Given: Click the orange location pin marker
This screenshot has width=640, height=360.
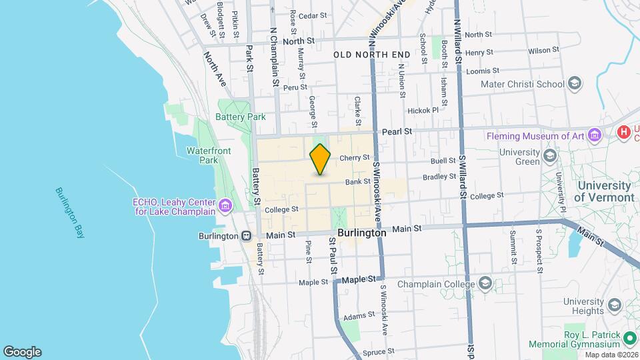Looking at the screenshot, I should click(x=320, y=159).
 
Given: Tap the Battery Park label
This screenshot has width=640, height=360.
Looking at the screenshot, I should click(x=240, y=117).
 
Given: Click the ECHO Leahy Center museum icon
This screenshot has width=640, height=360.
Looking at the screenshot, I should click(x=226, y=205).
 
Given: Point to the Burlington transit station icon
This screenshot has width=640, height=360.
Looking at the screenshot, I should click(x=246, y=235).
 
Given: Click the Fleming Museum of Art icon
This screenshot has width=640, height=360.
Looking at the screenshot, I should click(x=595, y=136).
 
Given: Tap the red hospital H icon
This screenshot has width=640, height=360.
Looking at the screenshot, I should click(x=624, y=131).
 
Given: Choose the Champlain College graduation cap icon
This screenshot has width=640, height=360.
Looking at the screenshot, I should click(x=485, y=284).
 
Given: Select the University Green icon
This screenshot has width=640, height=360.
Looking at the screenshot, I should click(x=550, y=156).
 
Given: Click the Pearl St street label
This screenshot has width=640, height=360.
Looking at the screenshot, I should click(x=396, y=131).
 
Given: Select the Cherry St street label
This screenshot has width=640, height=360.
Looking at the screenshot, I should click(x=354, y=158).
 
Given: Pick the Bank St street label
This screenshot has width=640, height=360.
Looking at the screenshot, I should click(x=357, y=181).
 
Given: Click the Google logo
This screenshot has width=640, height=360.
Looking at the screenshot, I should click(x=22, y=351).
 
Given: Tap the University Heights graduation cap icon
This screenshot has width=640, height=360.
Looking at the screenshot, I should click(x=613, y=305).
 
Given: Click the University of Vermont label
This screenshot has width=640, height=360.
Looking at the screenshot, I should click(x=604, y=191).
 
